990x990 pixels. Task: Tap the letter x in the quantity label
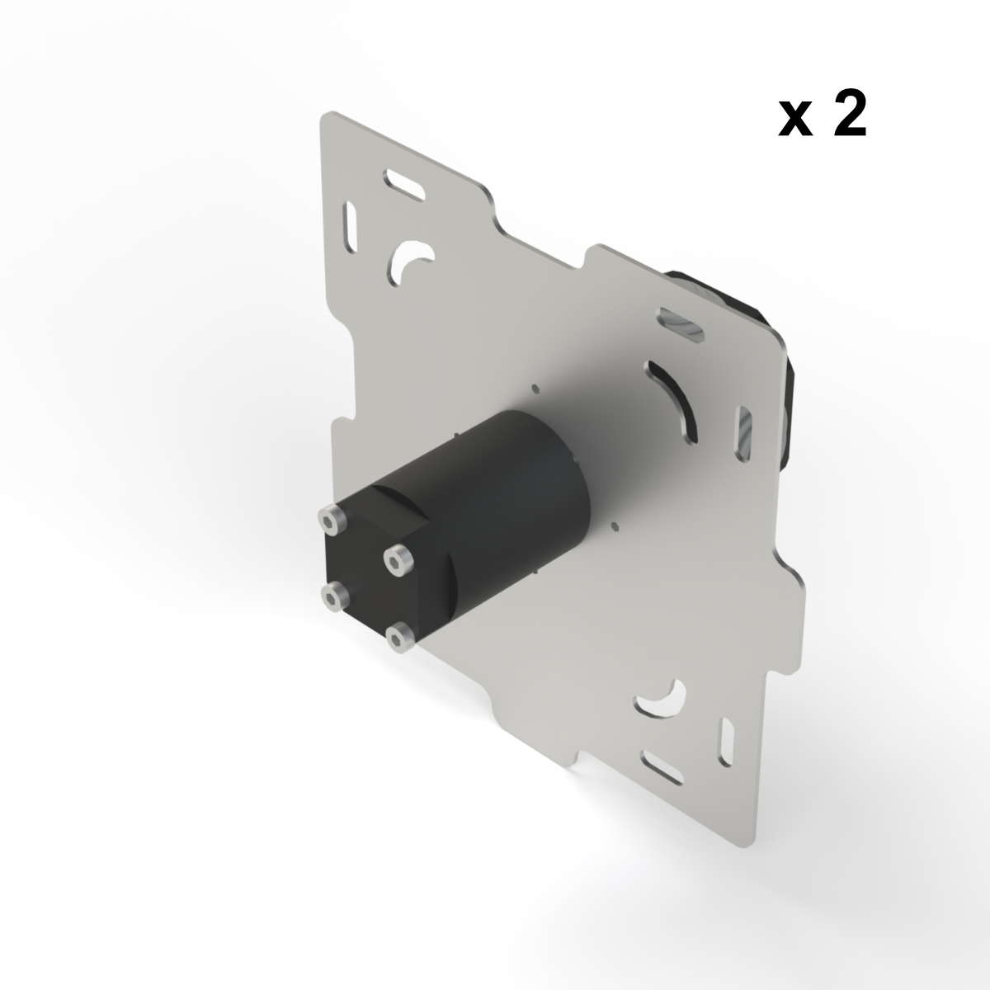pyautogui.click(x=794, y=121)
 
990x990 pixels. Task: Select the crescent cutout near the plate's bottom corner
pyautogui.click(x=660, y=700)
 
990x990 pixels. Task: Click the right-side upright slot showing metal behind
pyautogui.click(x=744, y=430)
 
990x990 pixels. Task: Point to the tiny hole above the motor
pyautogui.click(x=535, y=386)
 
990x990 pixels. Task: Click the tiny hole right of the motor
pyautogui.click(x=615, y=525)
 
